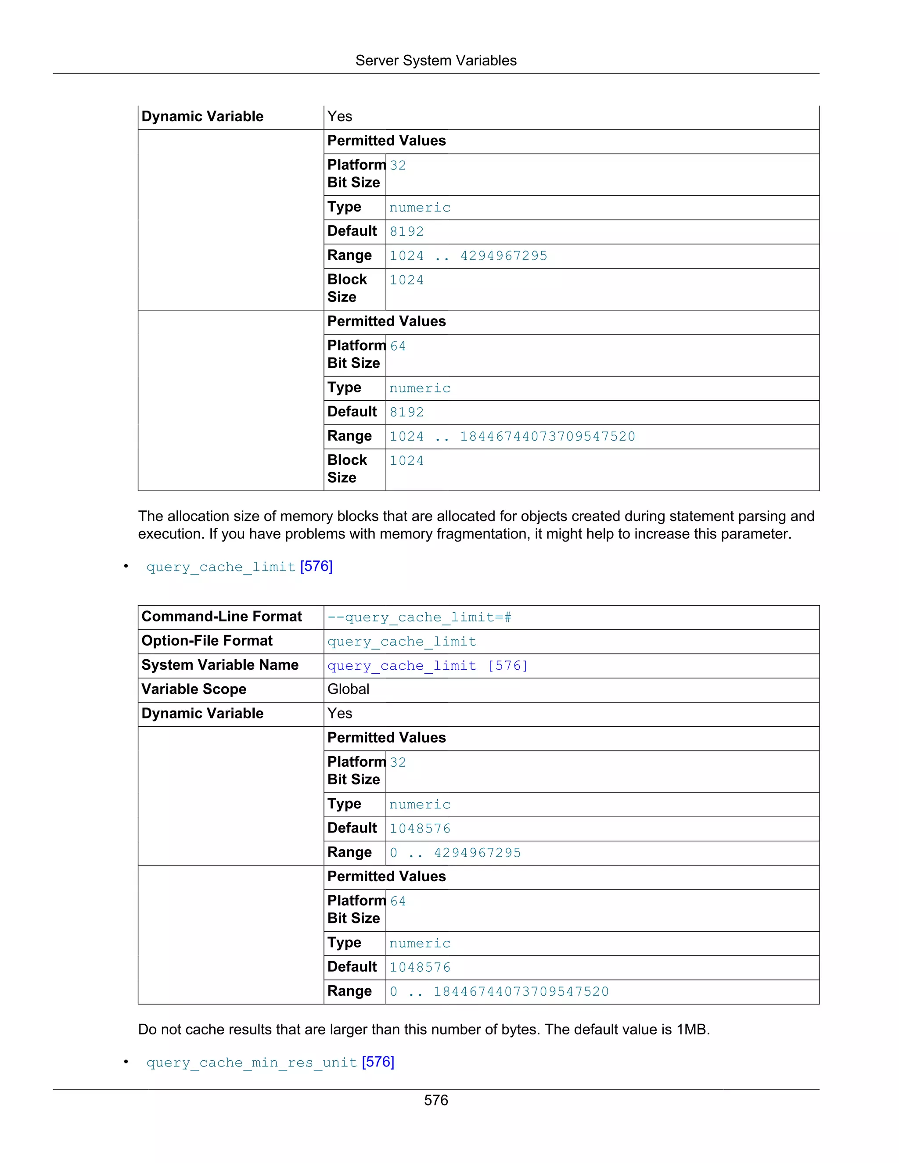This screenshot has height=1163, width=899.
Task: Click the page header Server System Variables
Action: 435,61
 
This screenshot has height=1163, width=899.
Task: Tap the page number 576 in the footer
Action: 435,1100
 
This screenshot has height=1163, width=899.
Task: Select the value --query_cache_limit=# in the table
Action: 419,617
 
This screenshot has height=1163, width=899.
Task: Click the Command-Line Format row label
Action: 221,617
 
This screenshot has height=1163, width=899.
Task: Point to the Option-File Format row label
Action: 207,641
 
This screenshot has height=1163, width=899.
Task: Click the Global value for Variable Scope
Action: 348,689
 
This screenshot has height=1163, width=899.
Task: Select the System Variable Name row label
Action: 219,665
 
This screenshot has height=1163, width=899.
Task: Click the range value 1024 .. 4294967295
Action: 468,256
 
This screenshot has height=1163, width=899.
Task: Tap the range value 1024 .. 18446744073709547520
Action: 512,437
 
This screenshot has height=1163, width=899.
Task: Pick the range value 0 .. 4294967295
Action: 455,853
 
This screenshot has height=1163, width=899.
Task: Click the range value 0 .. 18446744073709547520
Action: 499,991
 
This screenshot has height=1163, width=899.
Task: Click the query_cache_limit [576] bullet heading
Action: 239,567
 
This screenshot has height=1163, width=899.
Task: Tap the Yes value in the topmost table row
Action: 339,117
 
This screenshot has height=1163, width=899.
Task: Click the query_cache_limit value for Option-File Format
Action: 402,642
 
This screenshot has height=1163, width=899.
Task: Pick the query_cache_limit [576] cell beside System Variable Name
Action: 427,666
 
